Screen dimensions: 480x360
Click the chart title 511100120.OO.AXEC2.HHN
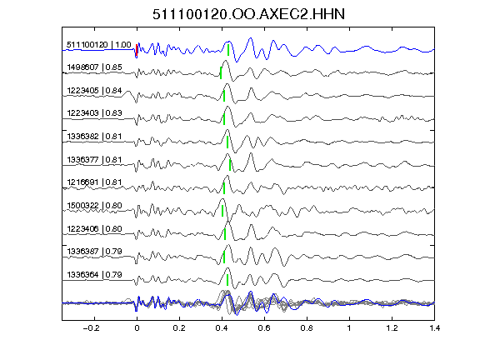point(248,14)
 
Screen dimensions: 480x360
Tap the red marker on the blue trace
point(137,51)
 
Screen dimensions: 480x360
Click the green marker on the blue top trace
point(228,50)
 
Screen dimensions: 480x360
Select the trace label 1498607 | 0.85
point(95,67)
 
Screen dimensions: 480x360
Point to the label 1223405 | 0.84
point(95,91)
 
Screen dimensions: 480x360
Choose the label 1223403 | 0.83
point(95,113)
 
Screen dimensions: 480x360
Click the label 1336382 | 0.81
point(95,137)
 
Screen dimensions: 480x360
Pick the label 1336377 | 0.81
point(95,160)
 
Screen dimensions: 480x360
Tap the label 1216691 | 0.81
point(95,182)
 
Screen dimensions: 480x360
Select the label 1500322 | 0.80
point(95,205)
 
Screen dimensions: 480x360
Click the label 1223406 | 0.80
point(95,229)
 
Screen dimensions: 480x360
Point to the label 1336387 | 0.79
point(95,252)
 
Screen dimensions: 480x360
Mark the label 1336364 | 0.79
point(95,275)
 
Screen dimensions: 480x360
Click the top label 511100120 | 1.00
point(99,45)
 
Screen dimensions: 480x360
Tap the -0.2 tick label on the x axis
point(91,328)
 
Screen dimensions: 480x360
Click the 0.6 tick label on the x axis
point(264,328)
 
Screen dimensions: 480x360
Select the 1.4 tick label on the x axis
point(434,328)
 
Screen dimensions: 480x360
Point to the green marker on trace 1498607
point(221,72)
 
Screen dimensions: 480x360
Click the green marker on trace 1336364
point(227,280)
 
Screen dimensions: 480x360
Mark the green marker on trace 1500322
point(222,211)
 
